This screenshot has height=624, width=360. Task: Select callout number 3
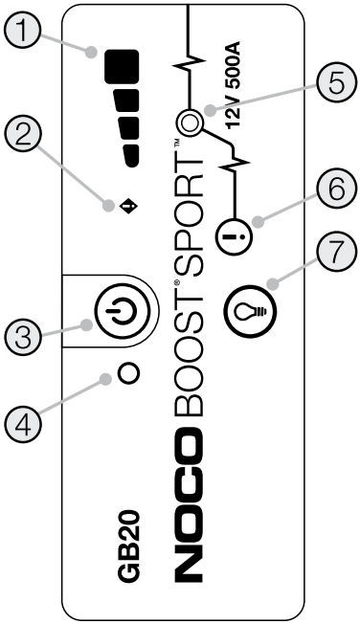[x=24, y=337]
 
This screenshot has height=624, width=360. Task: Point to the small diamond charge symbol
[x=125, y=205]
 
